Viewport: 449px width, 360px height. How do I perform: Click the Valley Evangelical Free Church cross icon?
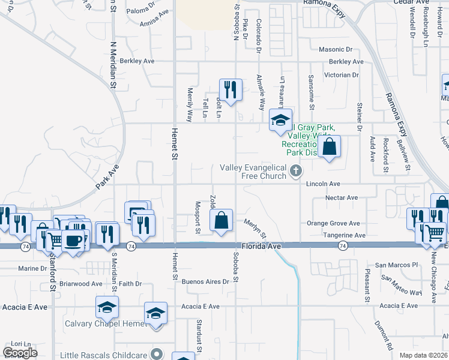pos(295,172)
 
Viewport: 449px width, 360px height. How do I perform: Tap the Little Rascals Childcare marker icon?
pos(157,353)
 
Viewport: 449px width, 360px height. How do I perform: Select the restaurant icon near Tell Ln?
pos(231,90)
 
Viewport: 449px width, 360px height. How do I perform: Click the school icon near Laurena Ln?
pos(280,120)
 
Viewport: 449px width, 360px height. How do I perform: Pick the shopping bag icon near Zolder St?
pos(221,220)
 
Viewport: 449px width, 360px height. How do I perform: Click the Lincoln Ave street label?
pos(324,184)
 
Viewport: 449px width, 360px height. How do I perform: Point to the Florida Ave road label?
pos(262,246)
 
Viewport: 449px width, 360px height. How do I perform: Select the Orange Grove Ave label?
pos(333,223)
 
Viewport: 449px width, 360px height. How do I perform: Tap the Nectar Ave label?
pos(341,197)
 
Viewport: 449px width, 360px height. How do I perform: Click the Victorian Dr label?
pos(340,75)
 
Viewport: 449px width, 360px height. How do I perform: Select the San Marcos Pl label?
pos(396,265)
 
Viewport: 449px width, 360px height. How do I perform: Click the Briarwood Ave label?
pos(80,284)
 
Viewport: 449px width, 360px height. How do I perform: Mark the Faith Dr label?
pos(130,284)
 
